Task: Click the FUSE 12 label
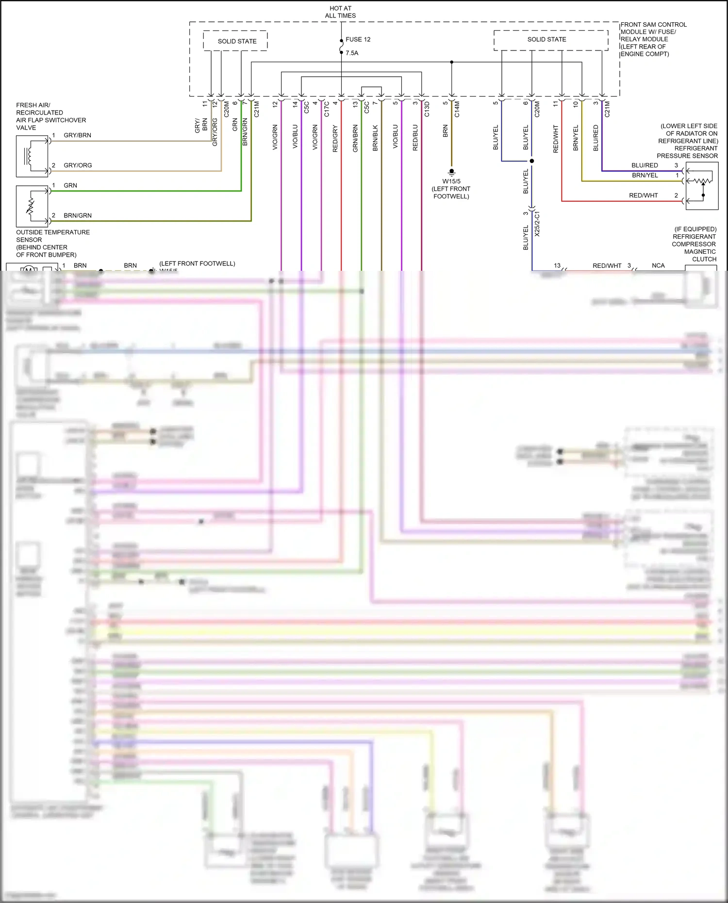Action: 358,39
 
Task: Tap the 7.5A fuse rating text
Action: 352,53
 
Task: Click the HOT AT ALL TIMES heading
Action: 340,12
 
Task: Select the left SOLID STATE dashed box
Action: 236,41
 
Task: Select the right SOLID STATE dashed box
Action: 550,40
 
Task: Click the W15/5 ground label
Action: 451,181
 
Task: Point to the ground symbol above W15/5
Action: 451,172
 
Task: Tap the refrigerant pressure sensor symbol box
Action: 702,186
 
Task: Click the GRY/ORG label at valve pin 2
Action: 78,165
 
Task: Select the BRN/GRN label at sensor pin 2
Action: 78,215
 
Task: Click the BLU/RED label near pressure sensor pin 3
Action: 645,165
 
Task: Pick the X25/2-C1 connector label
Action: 537,224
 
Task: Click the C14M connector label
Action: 457,109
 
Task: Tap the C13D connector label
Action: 427,109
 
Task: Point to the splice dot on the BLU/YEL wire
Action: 532,161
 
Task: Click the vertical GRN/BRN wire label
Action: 355,138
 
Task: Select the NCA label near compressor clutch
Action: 658,265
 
